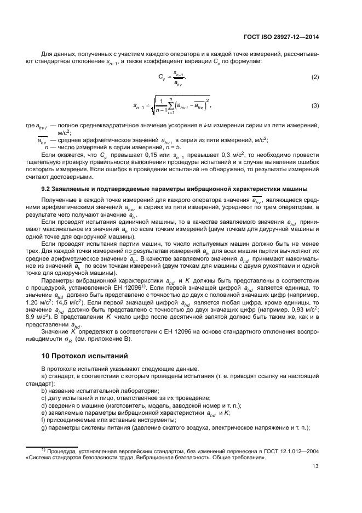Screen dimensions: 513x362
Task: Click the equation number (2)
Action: (315, 77)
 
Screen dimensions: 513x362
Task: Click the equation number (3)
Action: (315, 105)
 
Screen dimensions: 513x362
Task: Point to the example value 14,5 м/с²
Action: (65, 302)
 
